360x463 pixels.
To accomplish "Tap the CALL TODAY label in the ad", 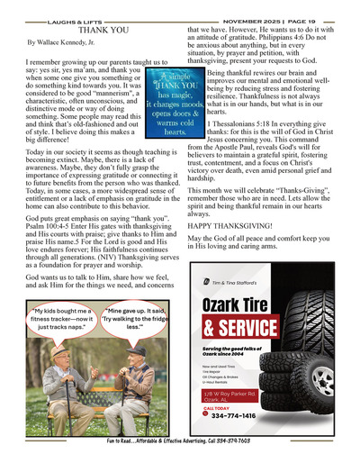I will pos(216,408).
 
